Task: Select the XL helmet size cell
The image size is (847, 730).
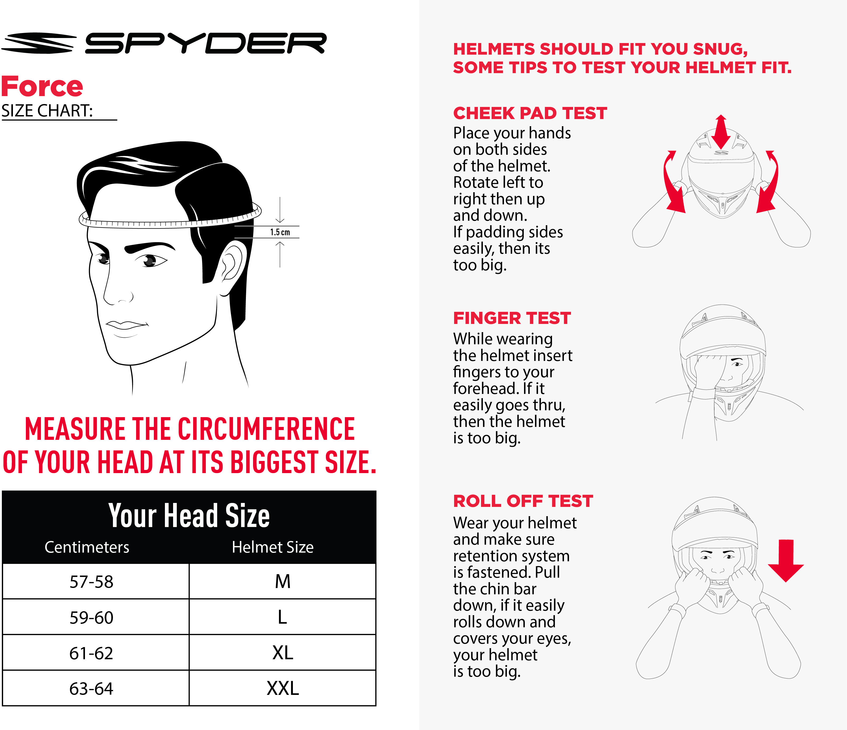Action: tap(283, 653)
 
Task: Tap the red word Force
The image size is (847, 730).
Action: tap(42, 87)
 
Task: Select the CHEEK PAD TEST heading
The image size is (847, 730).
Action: tap(530, 113)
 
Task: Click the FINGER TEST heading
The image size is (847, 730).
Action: tap(512, 318)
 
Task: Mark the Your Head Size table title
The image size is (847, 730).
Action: tap(189, 515)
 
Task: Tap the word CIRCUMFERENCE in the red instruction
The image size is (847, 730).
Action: tap(266, 429)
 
